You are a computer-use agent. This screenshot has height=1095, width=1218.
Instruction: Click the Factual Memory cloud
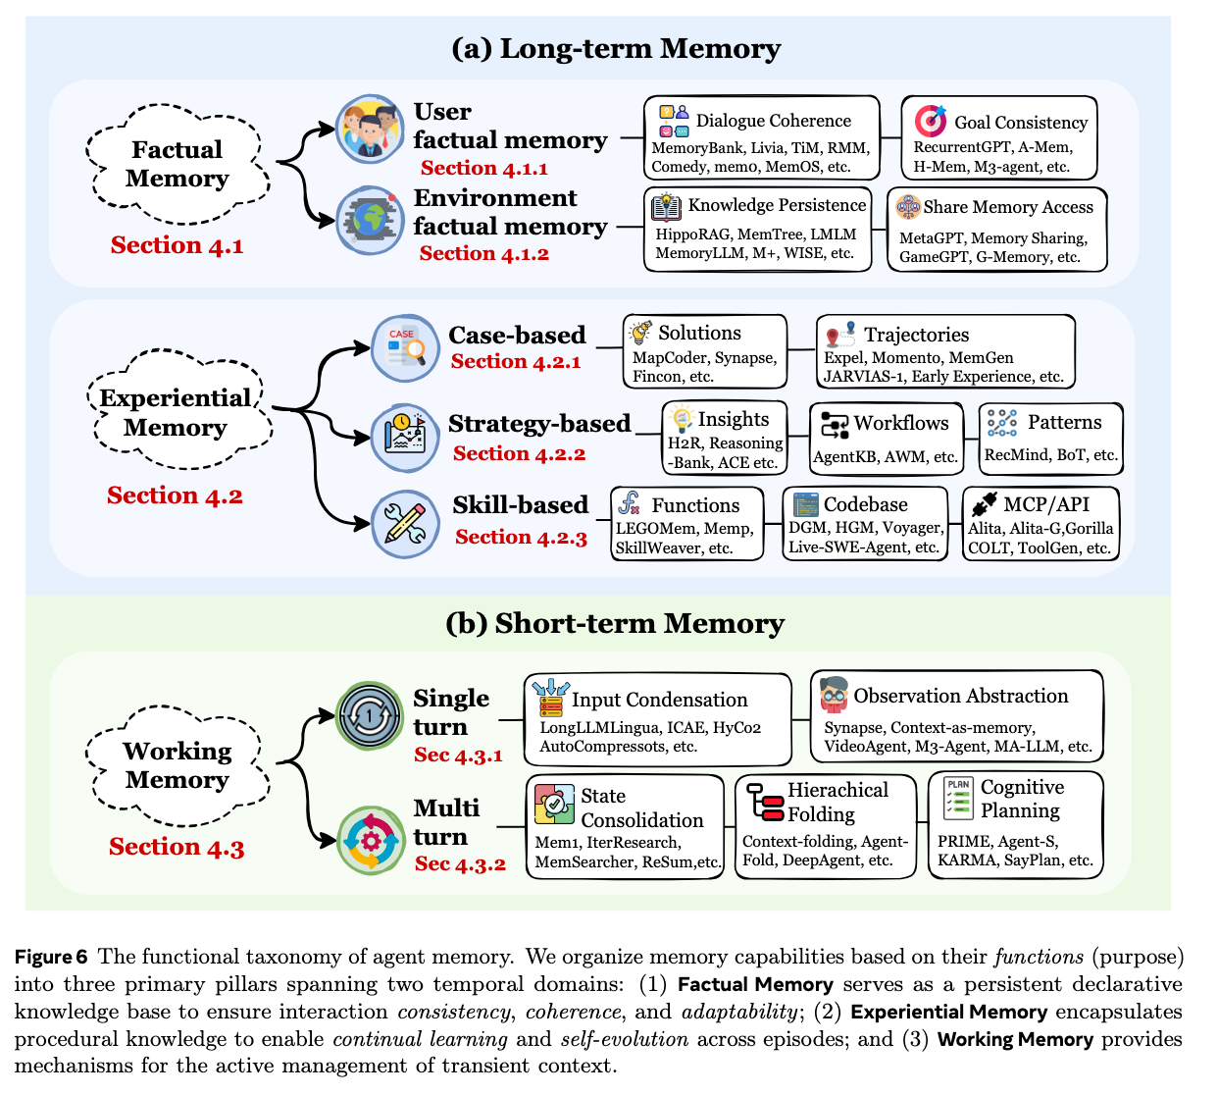click(177, 164)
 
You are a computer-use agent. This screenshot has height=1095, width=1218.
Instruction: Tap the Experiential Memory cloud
click(176, 412)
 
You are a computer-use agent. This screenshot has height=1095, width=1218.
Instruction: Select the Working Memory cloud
click(177, 764)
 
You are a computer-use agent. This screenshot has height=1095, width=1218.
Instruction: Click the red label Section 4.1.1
click(484, 169)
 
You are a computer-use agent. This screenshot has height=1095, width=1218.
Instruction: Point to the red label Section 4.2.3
click(521, 537)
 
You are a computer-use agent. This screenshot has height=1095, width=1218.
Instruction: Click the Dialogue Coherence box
click(761, 137)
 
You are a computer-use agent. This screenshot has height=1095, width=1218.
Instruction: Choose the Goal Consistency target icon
click(930, 121)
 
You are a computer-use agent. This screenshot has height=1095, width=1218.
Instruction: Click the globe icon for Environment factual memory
click(370, 220)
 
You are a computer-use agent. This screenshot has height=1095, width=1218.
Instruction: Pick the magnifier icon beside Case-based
click(405, 348)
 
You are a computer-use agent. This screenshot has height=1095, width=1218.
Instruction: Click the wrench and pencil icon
click(405, 524)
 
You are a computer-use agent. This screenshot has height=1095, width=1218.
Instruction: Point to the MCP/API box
click(1040, 524)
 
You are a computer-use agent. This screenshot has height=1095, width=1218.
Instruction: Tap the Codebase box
click(865, 524)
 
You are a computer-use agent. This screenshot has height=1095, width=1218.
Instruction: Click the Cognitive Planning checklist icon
click(958, 797)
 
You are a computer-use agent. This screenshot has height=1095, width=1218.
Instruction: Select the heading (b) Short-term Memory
click(614, 624)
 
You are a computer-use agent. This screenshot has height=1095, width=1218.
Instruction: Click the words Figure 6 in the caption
click(51, 957)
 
